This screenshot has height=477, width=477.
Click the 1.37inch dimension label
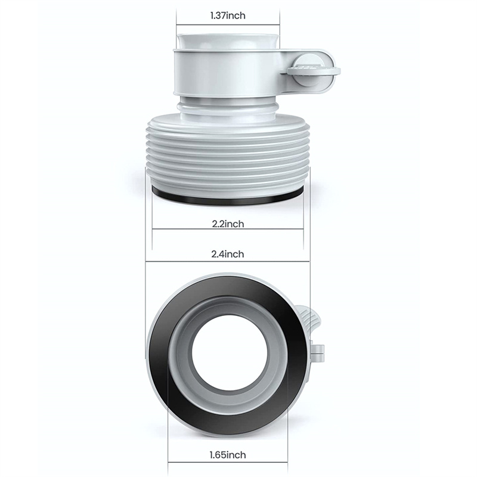tap(228, 16)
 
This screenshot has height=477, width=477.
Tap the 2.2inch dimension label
tap(228, 224)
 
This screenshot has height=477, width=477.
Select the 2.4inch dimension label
tap(228, 254)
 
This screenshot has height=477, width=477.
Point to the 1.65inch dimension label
tap(228, 455)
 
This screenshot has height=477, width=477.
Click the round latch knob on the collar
tap(312, 71)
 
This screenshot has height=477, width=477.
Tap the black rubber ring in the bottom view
tap(158, 356)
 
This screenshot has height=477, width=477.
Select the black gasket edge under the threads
tap(228, 198)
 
